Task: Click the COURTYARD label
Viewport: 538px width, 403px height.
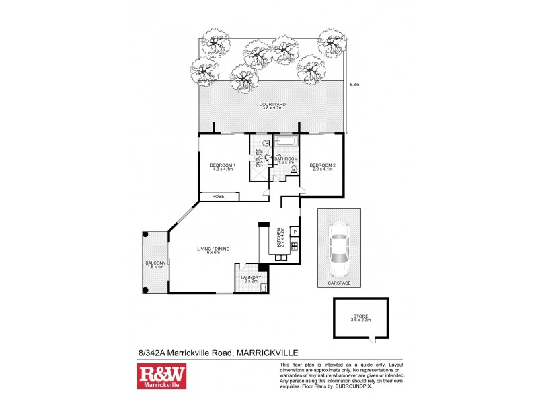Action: [x=272, y=106]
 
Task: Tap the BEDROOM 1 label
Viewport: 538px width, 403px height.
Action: [x=222, y=166]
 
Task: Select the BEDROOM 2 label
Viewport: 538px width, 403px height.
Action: [x=321, y=166]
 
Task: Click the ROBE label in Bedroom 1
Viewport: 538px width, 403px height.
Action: [x=218, y=197]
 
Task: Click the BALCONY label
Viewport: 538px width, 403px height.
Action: [x=155, y=264]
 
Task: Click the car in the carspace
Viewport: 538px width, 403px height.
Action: [x=338, y=249]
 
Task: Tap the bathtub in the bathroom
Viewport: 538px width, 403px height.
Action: [x=284, y=142]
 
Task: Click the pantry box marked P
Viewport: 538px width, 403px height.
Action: [x=295, y=232]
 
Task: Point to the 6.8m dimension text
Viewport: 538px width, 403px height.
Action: [x=355, y=85]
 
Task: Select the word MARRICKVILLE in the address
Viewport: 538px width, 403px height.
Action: [x=267, y=352]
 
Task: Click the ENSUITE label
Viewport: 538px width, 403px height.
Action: [x=255, y=161]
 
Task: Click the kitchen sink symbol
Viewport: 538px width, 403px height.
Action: [x=295, y=245]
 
